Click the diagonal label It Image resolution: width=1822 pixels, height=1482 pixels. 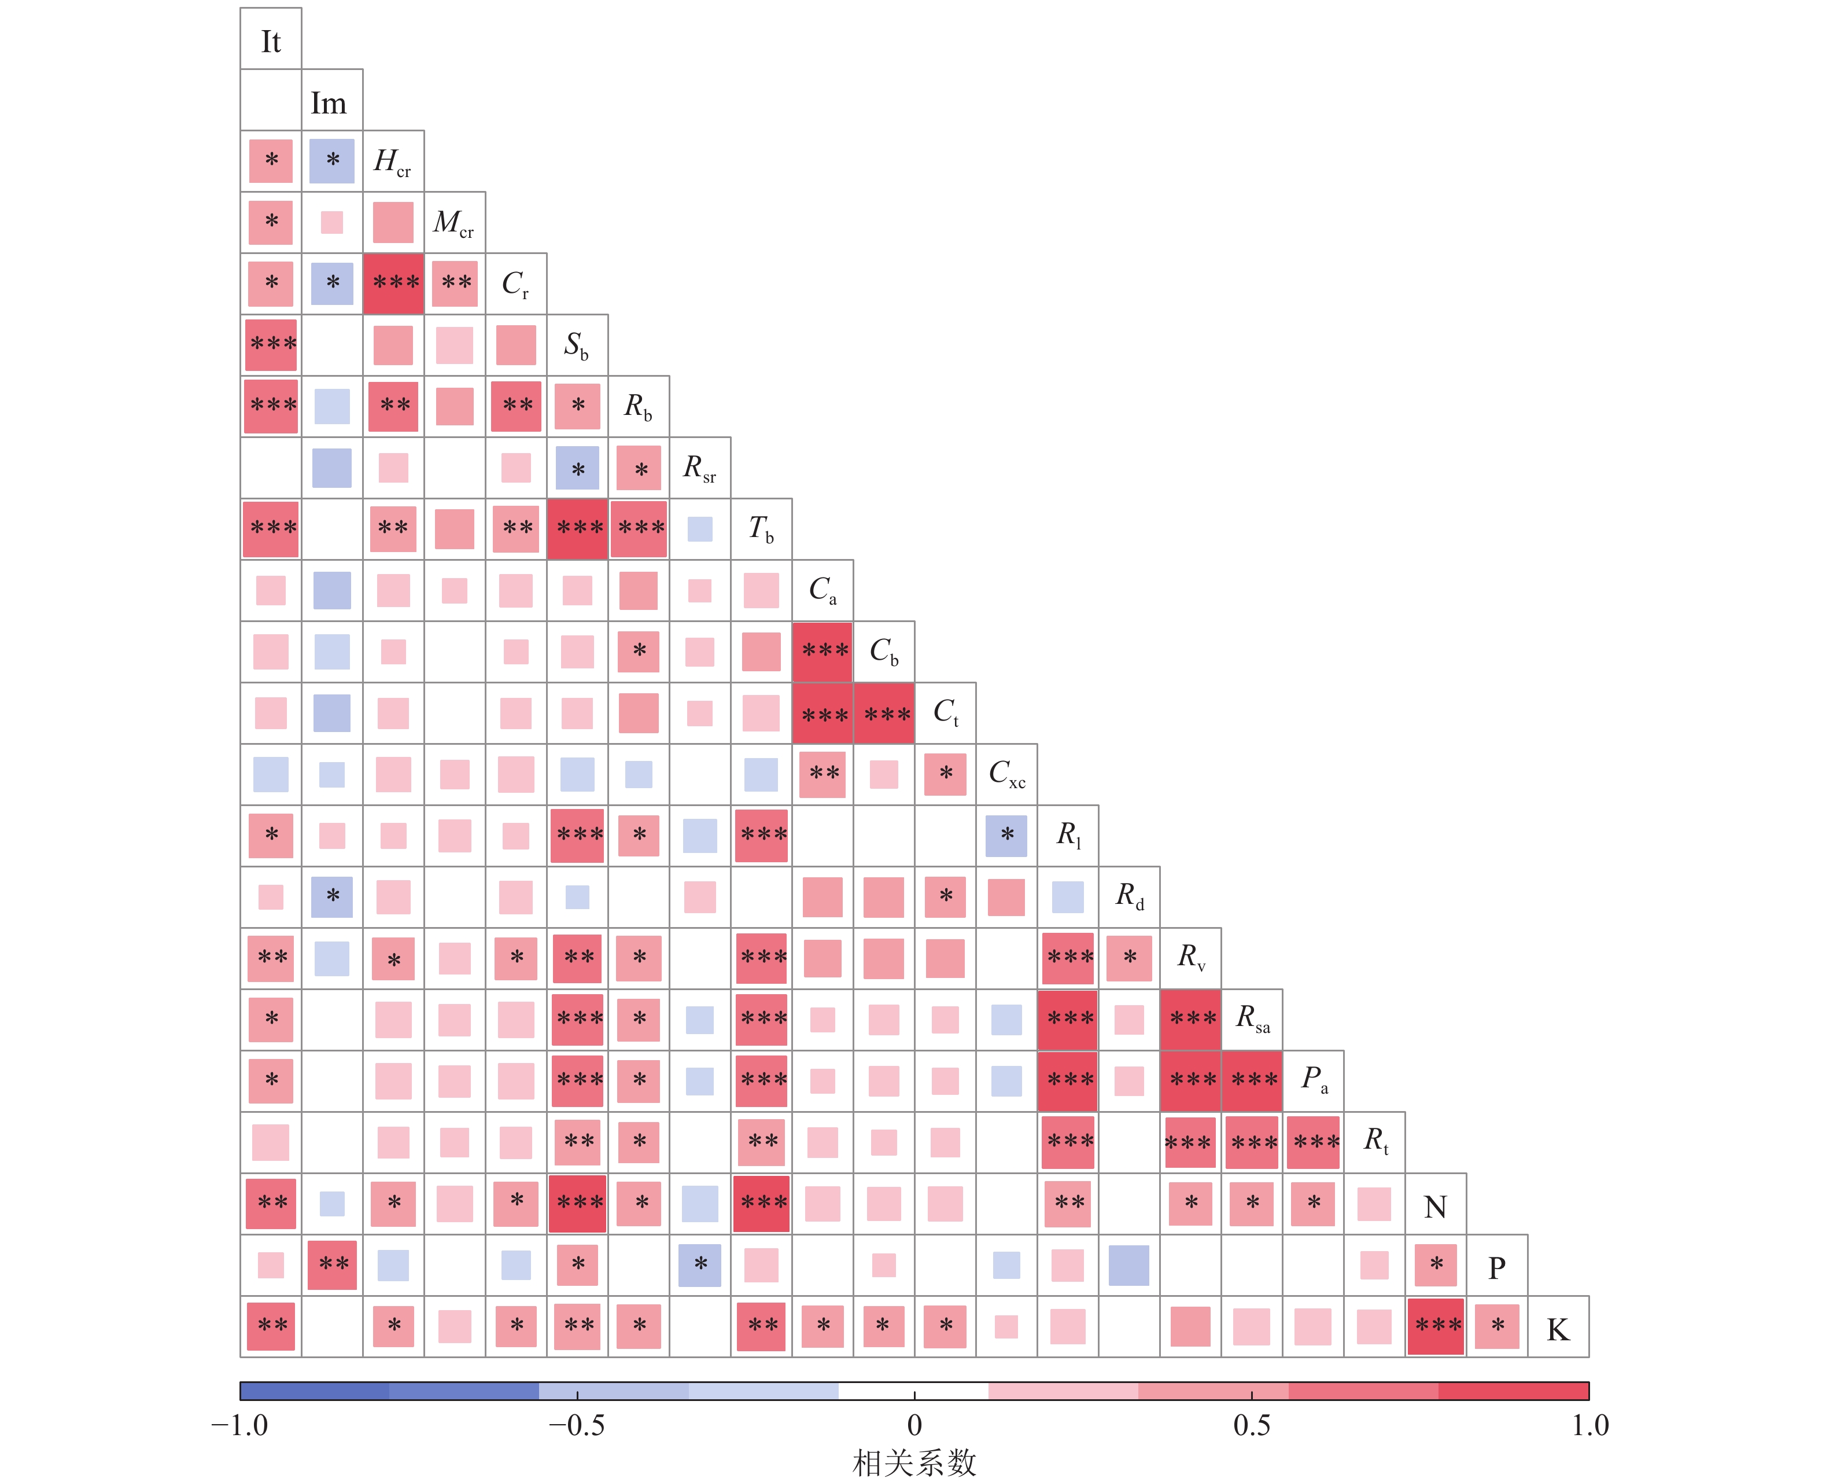coord(271,41)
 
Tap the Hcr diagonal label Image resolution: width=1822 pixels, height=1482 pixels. coord(393,161)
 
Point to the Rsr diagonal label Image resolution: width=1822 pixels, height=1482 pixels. coord(700,468)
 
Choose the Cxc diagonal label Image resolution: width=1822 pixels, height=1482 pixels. coord(1007,774)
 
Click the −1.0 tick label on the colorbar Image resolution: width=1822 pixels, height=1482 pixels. coord(240,1425)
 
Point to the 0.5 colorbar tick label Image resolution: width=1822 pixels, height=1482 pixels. coord(1251,1425)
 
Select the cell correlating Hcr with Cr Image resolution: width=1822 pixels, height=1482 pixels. coord(393,284)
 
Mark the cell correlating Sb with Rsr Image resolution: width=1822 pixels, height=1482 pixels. coord(578,468)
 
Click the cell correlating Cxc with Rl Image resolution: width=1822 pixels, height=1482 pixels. coord(1007,836)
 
